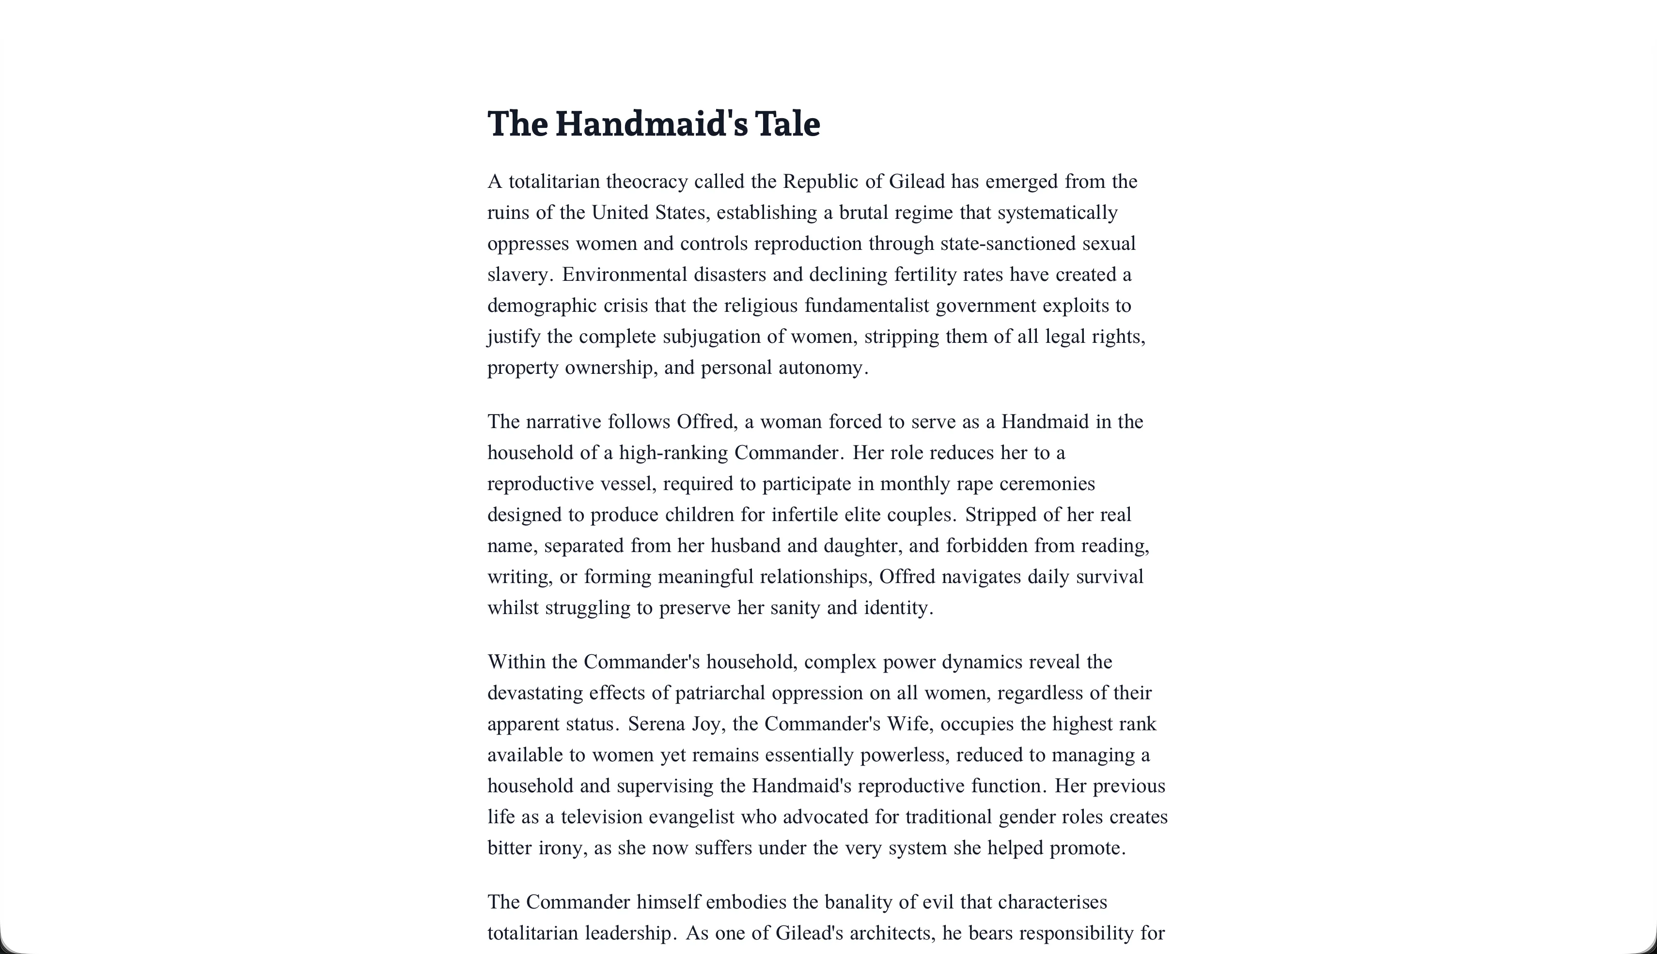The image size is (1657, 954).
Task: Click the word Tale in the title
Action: tap(787, 124)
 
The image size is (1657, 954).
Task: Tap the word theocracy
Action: tap(647, 182)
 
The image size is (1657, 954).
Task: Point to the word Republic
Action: tap(821, 182)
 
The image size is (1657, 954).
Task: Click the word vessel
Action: tap(628, 484)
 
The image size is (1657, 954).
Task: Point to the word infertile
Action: tap(804, 515)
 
